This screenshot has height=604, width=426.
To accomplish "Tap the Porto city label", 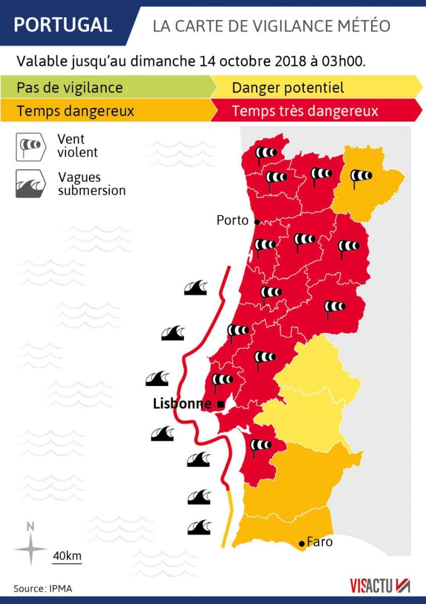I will pyautogui.click(x=232, y=220).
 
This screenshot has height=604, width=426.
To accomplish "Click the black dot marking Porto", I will pyautogui.click(x=257, y=221).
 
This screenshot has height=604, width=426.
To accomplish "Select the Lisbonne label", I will pyautogui.click(x=182, y=404).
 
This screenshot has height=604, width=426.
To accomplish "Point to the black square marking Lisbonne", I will pyautogui.click(x=220, y=404).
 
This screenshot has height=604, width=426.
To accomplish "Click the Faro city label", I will pyautogui.click(x=319, y=542).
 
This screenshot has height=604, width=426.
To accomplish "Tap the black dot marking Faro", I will pyautogui.click(x=301, y=543).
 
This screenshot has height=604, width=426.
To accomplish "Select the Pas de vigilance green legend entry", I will pyautogui.click(x=70, y=88).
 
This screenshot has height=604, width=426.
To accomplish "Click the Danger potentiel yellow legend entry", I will pyautogui.click(x=288, y=88).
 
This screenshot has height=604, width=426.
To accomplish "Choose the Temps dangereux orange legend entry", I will pyautogui.click(x=76, y=111).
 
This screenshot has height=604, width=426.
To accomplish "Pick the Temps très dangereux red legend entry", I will pyautogui.click(x=305, y=111).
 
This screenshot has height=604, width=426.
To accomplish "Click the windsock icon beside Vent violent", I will pyautogui.click(x=30, y=145).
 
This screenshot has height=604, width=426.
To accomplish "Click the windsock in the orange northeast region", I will pyautogui.click(x=360, y=177).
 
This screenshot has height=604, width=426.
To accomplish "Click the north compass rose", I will pyautogui.click(x=31, y=547).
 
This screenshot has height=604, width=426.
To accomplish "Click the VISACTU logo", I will pyautogui.click(x=380, y=585).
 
